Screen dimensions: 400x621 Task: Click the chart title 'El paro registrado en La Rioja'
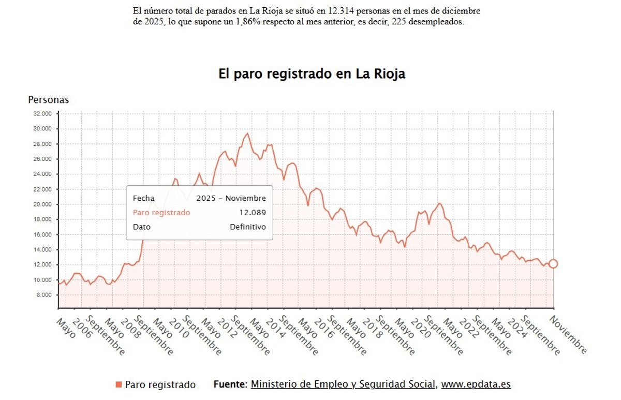312,74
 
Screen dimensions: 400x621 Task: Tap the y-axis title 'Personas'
48,100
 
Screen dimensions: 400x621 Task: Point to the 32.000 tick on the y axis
41,113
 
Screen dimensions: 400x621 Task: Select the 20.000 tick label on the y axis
41,204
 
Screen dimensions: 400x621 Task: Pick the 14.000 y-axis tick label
41,249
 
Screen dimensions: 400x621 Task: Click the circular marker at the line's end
553,264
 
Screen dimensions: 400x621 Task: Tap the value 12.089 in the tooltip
253,213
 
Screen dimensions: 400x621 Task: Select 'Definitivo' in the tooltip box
248,227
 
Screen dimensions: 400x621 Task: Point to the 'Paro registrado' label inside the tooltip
161,213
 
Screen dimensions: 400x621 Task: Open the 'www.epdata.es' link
476,384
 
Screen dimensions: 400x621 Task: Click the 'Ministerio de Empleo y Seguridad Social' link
344,384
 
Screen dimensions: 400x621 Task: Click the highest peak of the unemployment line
247,134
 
